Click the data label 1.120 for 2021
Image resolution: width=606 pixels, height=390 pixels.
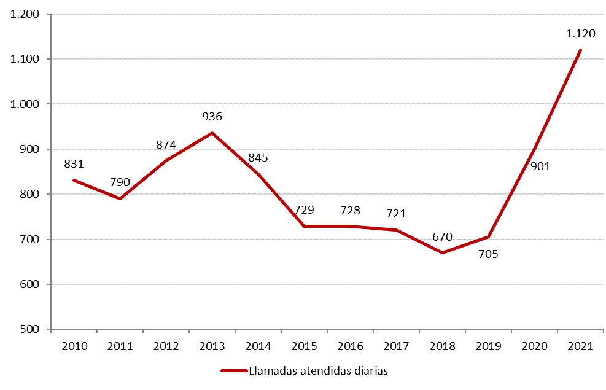point(580,34)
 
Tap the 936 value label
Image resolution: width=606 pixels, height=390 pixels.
point(212,116)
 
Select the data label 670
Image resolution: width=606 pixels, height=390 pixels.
point(442,236)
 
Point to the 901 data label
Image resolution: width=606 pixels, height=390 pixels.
point(540,166)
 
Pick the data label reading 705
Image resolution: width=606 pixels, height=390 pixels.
point(488,253)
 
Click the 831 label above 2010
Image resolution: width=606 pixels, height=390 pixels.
point(74,164)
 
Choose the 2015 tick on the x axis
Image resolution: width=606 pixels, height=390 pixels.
point(304,346)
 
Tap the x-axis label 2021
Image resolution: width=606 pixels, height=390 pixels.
point(580,346)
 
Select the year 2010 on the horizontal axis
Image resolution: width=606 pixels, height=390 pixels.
point(74,346)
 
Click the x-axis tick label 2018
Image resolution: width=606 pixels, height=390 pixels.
point(442,346)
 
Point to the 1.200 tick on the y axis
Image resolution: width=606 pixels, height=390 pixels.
point(25,14)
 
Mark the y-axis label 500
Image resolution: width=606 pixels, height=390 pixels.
point(32,329)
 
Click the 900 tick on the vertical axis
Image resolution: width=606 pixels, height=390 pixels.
point(32,149)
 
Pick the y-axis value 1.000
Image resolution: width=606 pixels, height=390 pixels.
point(25,104)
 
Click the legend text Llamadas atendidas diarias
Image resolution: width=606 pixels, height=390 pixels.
point(319,370)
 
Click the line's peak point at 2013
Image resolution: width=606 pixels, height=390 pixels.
point(212,133)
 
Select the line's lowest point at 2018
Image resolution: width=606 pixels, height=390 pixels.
point(442,252)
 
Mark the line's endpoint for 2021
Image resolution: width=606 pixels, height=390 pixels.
point(580,50)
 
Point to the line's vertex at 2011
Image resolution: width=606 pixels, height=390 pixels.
point(120,198)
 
